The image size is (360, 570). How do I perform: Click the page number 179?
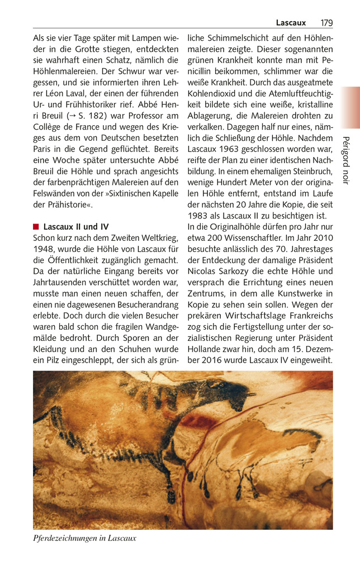pos(326,23)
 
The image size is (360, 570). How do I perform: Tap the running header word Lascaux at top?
pos(291,23)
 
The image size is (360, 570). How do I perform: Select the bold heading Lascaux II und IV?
pos(76,227)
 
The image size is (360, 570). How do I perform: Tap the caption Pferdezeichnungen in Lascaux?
pos(84,538)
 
